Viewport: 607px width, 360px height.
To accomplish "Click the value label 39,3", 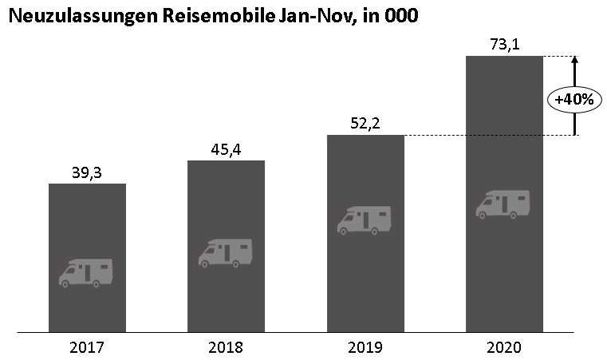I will click(x=87, y=172).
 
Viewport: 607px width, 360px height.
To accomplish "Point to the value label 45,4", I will click(x=226, y=148).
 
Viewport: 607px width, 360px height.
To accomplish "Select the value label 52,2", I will click(x=365, y=123).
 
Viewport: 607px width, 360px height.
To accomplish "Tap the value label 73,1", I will click(x=504, y=45).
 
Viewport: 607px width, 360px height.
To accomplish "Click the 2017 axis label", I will click(x=87, y=348).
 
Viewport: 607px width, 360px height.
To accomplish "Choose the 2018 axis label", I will click(x=226, y=348).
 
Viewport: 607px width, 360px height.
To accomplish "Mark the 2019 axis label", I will click(x=365, y=348).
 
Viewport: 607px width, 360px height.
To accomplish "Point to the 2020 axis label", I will click(x=504, y=348).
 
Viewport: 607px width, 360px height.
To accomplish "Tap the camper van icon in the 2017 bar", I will click(x=86, y=272).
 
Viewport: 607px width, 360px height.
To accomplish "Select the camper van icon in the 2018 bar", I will click(x=225, y=252).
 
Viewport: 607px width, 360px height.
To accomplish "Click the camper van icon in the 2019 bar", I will click(x=365, y=220).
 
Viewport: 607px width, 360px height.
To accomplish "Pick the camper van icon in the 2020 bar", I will click(x=503, y=204).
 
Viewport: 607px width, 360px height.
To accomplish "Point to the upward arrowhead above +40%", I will click(x=575, y=60).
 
